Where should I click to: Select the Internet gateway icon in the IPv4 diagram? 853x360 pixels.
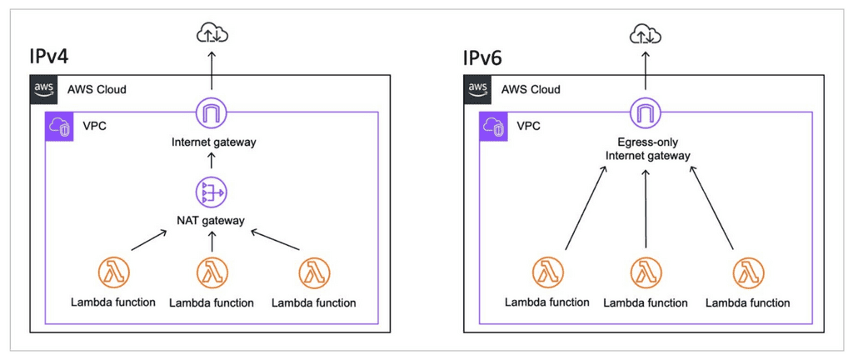212,112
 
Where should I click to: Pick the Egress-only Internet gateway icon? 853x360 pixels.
646,112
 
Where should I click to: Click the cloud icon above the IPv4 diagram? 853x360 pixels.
212,33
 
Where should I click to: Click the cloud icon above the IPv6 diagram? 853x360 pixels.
646,33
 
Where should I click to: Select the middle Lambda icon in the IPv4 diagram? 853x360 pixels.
212,272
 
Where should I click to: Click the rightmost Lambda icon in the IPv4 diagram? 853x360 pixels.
314,272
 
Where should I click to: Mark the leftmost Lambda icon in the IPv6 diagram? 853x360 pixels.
547,272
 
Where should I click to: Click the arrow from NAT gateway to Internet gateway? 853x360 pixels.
212,162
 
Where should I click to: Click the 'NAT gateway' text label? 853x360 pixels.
212,220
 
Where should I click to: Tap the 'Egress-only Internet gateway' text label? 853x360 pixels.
646,149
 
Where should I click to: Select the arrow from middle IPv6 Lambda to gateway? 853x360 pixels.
646,208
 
